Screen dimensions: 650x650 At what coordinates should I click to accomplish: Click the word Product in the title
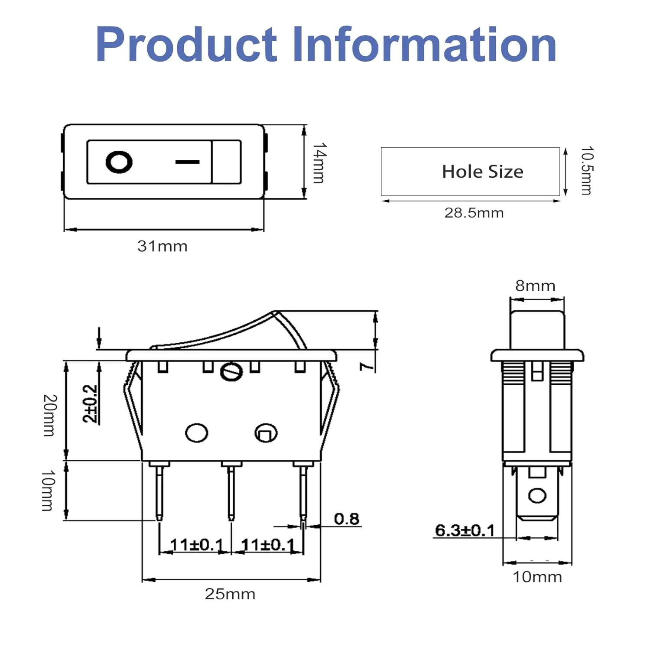click(186, 44)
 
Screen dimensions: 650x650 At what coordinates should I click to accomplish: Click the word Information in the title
click(425, 44)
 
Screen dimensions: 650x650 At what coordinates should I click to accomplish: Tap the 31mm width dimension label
click(162, 246)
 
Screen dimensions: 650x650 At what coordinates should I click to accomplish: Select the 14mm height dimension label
click(319, 163)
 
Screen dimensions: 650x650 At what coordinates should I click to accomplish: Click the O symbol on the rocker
click(119, 162)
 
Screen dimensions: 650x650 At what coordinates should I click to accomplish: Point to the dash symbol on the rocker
click(188, 162)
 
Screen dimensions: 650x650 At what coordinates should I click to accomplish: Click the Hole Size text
click(483, 172)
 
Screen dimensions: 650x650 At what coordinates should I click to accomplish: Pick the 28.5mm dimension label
click(474, 213)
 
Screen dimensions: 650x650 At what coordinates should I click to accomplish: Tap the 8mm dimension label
click(535, 286)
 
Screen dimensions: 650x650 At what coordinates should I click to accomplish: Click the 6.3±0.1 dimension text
click(465, 530)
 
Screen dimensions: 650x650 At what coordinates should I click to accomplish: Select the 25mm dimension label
click(230, 594)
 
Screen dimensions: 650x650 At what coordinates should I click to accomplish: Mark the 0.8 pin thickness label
click(347, 519)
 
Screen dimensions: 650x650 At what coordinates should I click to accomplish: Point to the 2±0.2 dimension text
click(90, 403)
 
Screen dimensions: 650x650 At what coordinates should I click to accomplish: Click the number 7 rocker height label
click(367, 367)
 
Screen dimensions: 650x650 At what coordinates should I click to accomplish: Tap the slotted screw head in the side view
click(231, 371)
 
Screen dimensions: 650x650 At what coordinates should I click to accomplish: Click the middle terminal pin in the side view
click(231, 491)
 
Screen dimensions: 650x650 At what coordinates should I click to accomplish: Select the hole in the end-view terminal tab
click(537, 495)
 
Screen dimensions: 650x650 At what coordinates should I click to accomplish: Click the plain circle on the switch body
click(196, 432)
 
